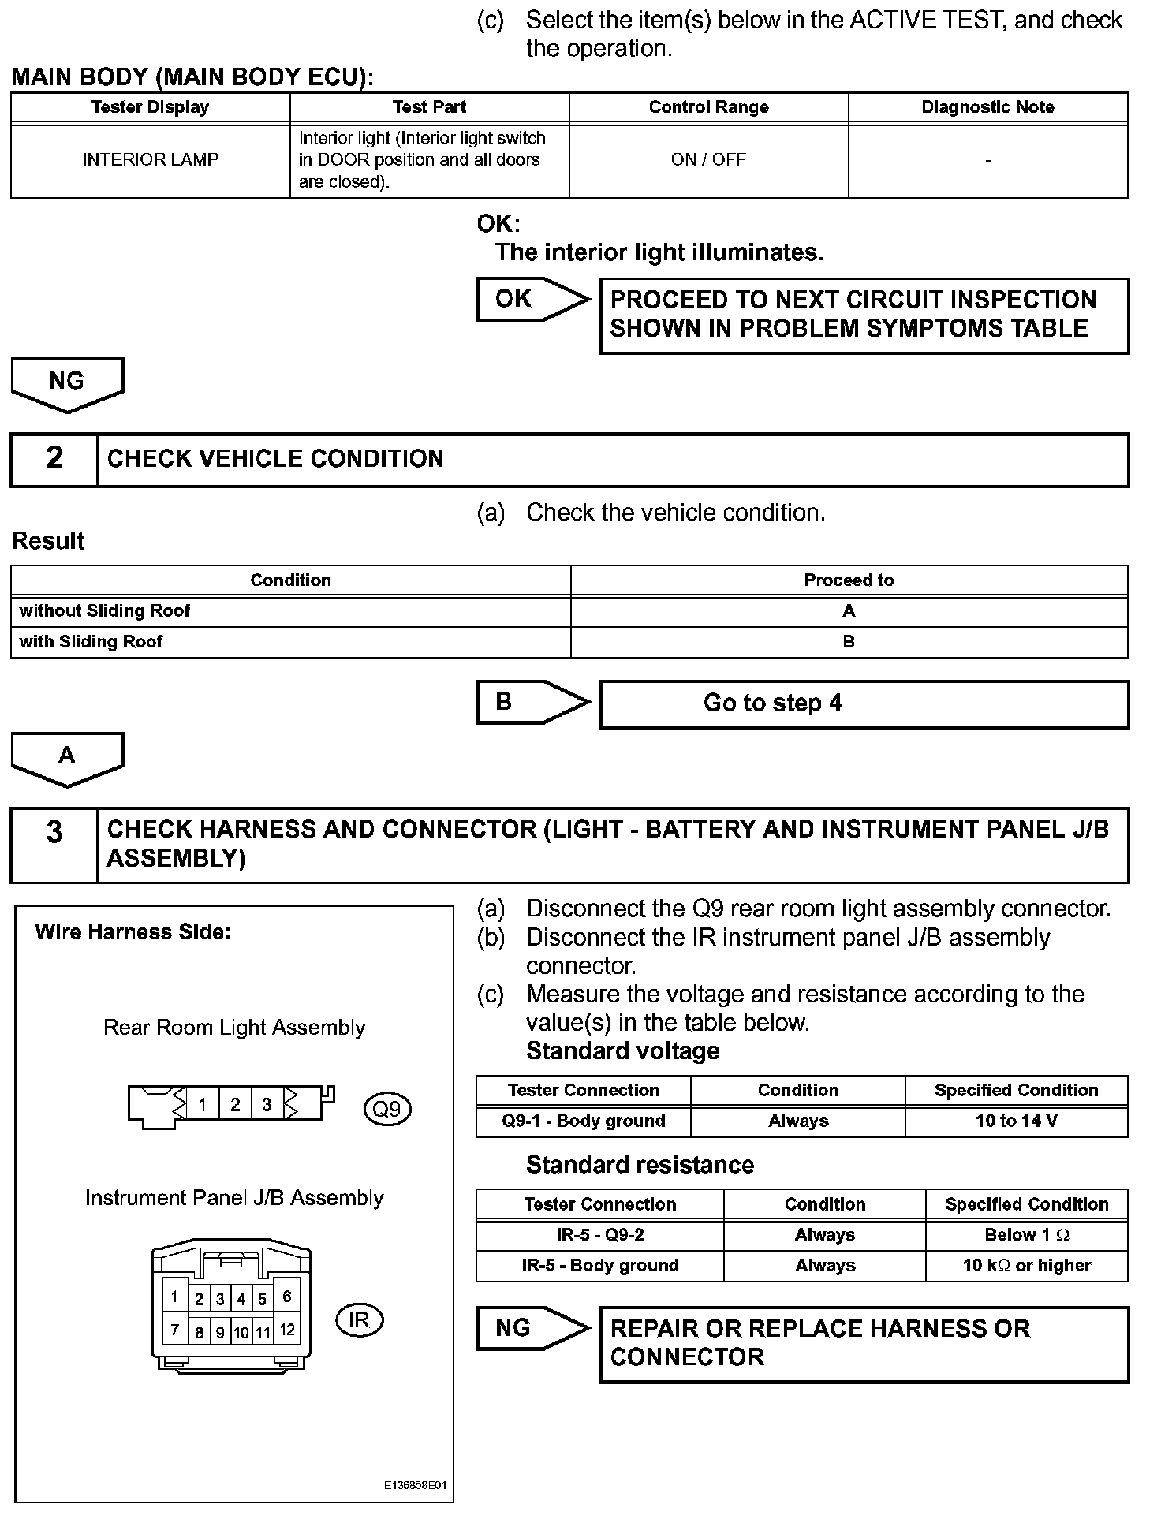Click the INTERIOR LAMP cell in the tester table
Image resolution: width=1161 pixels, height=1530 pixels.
pyautogui.click(x=150, y=160)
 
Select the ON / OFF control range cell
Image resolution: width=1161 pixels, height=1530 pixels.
pyautogui.click(x=708, y=160)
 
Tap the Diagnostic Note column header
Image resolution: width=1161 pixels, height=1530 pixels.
pyautogui.click(x=987, y=107)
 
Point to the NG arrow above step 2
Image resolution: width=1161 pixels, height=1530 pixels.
pyautogui.click(x=67, y=383)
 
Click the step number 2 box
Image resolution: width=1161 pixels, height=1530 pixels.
pyautogui.click(x=54, y=459)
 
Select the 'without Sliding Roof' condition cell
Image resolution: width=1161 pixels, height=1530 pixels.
pyautogui.click(x=290, y=611)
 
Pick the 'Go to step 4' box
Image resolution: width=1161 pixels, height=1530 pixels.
pyautogui.click(x=864, y=703)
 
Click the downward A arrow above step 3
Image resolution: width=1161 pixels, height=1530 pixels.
pyautogui.click(x=67, y=758)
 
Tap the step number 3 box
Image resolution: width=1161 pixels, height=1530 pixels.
pyautogui.click(x=54, y=845)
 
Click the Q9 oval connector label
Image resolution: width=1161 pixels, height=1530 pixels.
pyautogui.click(x=387, y=1110)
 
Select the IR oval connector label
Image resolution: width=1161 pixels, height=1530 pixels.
pyautogui.click(x=359, y=1320)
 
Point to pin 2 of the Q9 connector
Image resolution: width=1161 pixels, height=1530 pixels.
pyautogui.click(x=235, y=1105)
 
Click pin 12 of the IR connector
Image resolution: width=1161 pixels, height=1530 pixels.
pyautogui.click(x=287, y=1330)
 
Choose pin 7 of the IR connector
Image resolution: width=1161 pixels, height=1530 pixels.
pyautogui.click(x=174, y=1330)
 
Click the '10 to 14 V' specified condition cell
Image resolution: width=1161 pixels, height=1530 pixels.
pyautogui.click(x=1016, y=1121)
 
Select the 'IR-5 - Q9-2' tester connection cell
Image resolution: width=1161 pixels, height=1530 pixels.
pyautogui.click(x=599, y=1235)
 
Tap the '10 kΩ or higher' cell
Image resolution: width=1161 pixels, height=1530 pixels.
pyautogui.click(x=1026, y=1266)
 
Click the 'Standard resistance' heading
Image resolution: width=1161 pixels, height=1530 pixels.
pyautogui.click(x=640, y=1165)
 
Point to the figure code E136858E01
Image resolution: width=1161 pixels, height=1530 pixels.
pyautogui.click(x=416, y=1485)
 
